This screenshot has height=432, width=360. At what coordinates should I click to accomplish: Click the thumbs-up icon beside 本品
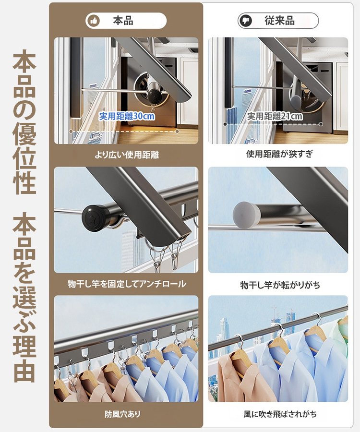pos(94,21)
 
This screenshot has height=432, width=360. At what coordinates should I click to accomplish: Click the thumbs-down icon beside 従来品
pos(246,21)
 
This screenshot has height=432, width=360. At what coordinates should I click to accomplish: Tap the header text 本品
pos(123,21)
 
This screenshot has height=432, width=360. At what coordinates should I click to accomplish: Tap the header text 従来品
pos(279,21)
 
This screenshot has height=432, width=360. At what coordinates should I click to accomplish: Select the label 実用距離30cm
pos(127,116)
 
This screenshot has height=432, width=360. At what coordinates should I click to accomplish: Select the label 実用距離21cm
pos(275,116)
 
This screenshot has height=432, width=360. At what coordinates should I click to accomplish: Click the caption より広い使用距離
pos(126,155)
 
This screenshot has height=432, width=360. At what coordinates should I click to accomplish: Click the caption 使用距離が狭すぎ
pos(279,155)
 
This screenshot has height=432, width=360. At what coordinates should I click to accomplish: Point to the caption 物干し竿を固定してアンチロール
pos(126,284)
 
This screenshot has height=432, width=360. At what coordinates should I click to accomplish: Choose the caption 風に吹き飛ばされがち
pos(279,414)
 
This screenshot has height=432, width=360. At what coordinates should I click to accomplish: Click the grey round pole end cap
pos(244,213)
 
